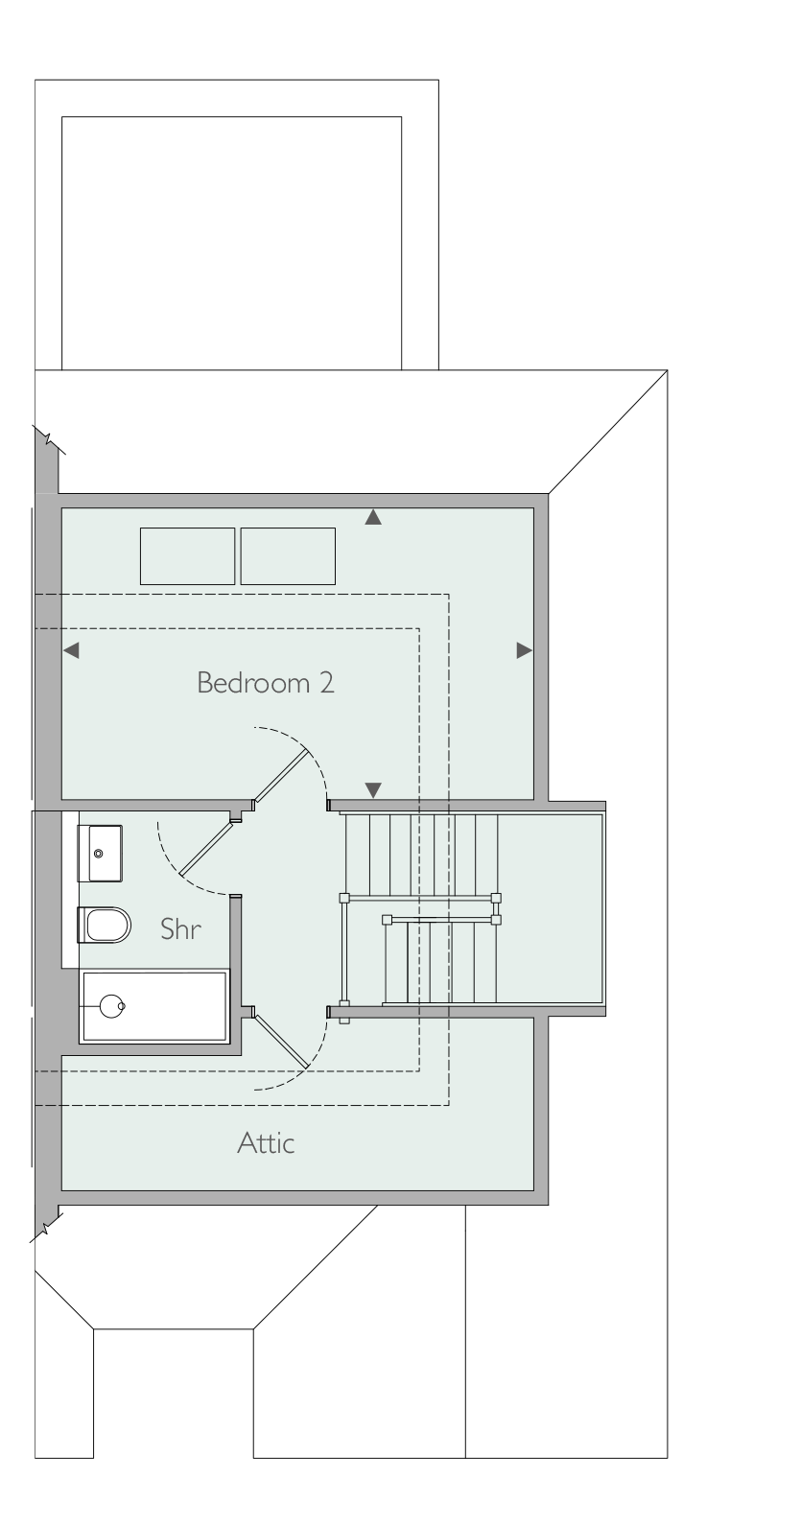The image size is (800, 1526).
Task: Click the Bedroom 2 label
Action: coord(266,683)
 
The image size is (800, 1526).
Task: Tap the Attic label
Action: coord(266,1142)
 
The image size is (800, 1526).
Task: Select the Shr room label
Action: coord(180,928)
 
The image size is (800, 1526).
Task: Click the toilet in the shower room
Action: coord(105,925)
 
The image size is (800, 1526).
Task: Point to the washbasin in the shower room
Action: coord(100,854)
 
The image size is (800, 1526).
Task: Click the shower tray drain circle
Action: coord(112,1005)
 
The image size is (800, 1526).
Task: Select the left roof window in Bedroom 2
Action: coord(187,556)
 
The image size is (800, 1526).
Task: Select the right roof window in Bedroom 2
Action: coord(288,556)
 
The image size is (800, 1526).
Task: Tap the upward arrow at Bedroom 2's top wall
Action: coord(373,517)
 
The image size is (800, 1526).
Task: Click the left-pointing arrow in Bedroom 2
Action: coord(71,650)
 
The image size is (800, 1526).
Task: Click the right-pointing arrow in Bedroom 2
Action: coord(524,650)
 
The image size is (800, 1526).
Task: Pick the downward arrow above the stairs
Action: coord(373,790)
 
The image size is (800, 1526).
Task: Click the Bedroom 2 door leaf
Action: coord(281,775)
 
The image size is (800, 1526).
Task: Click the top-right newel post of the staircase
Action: coord(495,898)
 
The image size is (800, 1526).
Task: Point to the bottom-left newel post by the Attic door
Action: coord(344,1017)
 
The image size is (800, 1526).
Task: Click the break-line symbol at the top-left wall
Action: coord(49,440)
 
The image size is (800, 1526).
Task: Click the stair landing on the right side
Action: coord(550,908)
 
